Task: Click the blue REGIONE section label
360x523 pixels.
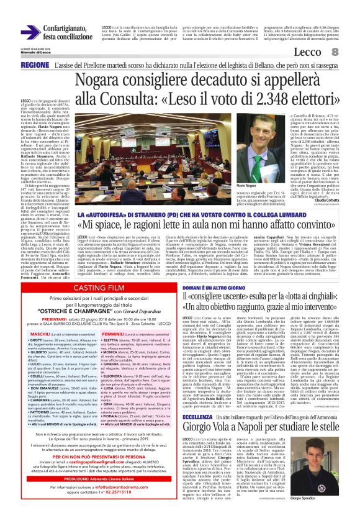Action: pyautogui.click(x=35, y=65)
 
